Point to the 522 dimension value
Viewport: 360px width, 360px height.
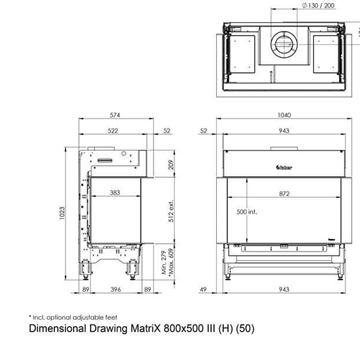coord(117,131)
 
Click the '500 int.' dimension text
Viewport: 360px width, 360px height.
coord(246,213)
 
